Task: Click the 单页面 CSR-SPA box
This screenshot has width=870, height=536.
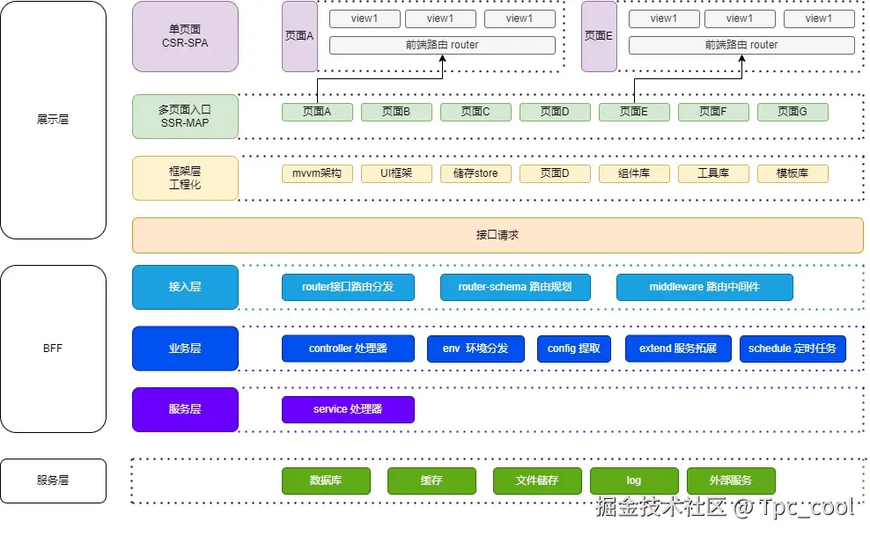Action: (x=185, y=36)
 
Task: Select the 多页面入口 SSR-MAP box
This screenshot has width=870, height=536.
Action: (x=185, y=116)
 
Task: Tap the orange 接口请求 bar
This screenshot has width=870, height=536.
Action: (x=498, y=235)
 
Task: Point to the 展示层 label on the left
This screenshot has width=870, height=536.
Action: (x=53, y=120)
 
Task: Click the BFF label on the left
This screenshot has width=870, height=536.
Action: (x=53, y=349)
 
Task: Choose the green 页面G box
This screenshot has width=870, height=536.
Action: (x=793, y=112)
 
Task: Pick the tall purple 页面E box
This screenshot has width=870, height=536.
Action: (x=599, y=36)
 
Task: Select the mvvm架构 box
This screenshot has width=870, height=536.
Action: (x=317, y=173)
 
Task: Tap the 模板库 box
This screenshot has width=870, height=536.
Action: (x=793, y=173)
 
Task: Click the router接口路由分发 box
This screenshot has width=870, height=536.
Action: (x=348, y=287)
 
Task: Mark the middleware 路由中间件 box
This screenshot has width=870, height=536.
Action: (x=704, y=287)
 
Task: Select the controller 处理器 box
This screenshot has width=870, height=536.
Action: (x=348, y=349)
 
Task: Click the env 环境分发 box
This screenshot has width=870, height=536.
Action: (x=476, y=349)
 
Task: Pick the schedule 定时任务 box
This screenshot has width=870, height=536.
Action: (x=793, y=349)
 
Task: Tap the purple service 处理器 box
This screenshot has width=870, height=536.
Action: (x=348, y=409)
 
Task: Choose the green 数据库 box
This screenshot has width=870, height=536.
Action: (x=326, y=481)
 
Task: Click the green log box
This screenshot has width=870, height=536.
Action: (x=634, y=481)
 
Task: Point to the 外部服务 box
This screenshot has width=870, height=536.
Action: (x=731, y=481)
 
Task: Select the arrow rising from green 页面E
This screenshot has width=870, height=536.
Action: (x=635, y=88)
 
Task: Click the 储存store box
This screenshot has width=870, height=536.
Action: (x=476, y=173)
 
